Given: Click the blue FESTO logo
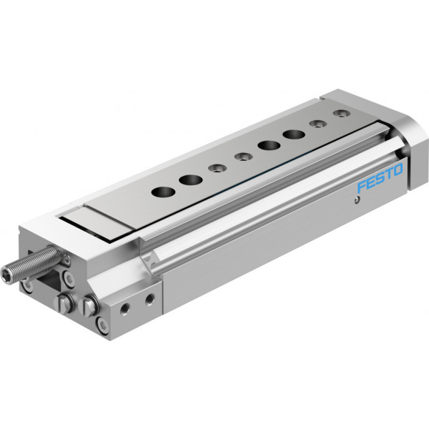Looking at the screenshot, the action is (380, 178).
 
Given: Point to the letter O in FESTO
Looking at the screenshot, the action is (398, 170).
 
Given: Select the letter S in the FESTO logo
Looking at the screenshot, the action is (380, 178).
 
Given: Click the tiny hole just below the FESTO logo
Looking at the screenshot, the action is (356, 200).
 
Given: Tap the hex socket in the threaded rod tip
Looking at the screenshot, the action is (7, 275).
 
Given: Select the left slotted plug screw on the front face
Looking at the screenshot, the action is (64, 303).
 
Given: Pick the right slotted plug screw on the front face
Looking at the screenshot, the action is (89, 306).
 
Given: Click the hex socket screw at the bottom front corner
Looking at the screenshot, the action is (102, 325).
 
